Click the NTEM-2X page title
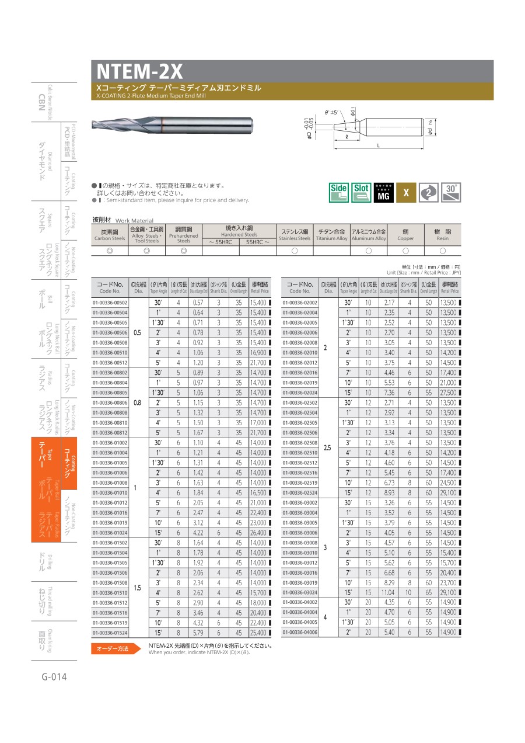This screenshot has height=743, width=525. pos(140,71)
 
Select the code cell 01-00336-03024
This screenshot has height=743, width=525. pos(300,592)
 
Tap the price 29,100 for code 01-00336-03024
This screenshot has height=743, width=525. pos(449,592)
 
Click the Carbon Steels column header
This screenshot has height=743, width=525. pos(110,235)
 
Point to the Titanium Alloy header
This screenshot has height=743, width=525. pos(331,235)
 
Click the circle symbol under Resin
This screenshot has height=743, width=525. pos(443,251)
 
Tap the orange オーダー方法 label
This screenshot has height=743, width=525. pos(112,649)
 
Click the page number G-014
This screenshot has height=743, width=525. pos(54,677)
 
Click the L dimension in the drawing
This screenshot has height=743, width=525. pos(378,145)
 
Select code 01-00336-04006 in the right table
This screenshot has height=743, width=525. pos(300,632)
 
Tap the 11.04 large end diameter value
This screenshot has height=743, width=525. pos(388,592)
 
